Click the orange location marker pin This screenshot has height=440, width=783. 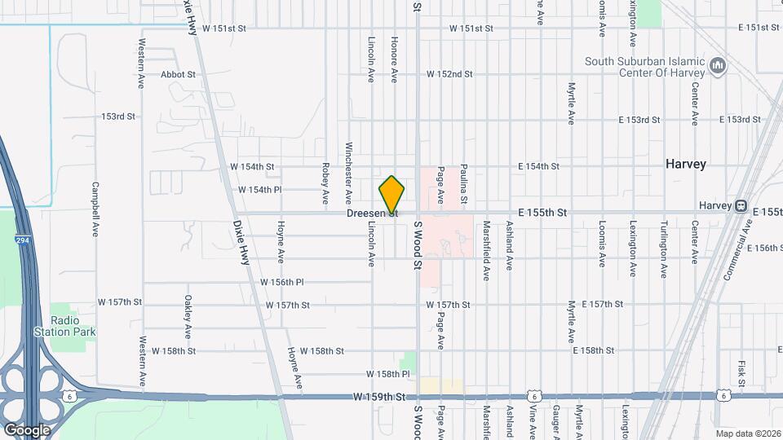tap(391, 195)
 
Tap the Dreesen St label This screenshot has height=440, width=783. tap(372, 213)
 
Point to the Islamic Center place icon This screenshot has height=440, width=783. tap(718, 64)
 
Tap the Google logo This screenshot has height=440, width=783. tap(26, 429)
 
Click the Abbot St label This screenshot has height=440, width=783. tap(178, 74)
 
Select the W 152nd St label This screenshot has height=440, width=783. tap(449, 74)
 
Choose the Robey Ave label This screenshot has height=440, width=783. tap(325, 186)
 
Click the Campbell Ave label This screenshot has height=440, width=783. tap(95, 209)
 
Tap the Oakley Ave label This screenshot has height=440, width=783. tap(188, 317)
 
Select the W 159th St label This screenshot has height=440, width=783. tap(379, 397)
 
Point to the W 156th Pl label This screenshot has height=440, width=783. tap(281, 282)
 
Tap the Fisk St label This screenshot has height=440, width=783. tap(741, 372)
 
